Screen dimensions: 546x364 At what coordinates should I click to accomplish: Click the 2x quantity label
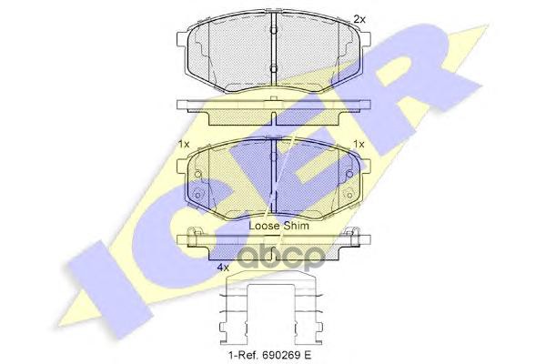pyautogui.click(x=359, y=19)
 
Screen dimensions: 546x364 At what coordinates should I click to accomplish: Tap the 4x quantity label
pyautogui.click(x=223, y=268)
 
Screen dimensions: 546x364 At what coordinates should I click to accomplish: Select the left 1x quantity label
pyautogui.click(x=184, y=144)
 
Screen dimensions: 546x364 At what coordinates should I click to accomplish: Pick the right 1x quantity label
pyautogui.click(x=359, y=144)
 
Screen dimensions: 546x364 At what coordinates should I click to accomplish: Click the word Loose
pyautogui.click(x=264, y=226)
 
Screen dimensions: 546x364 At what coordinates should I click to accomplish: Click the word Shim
pyautogui.click(x=296, y=226)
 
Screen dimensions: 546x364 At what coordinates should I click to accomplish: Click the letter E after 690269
pyautogui.click(x=308, y=355)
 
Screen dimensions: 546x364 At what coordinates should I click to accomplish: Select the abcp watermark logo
pyautogui.click(x=281, y=258)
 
